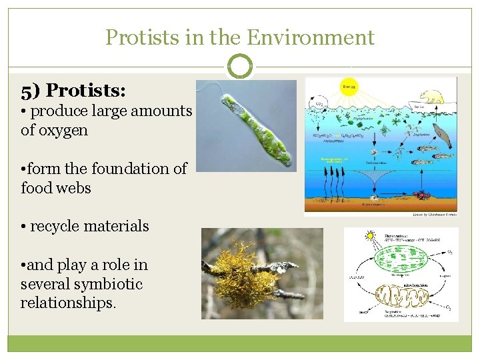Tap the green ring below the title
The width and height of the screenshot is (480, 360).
click(240, 67)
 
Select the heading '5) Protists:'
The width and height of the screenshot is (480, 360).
click(73, 90)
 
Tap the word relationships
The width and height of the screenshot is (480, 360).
click(68, 303)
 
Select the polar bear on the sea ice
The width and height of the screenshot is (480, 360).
click(431, 97)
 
